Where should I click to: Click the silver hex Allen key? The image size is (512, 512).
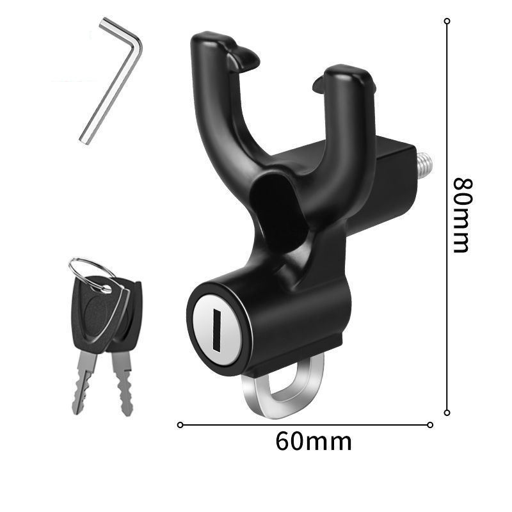click(x=111, y=82)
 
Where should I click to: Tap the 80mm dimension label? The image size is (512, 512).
click(x=463, y=216)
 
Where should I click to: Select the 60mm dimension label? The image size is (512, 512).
click(x=314, y=442)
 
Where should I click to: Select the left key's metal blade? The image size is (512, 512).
click(x=84, y=382)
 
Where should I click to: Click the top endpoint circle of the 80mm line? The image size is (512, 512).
click(x=447, y=21)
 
